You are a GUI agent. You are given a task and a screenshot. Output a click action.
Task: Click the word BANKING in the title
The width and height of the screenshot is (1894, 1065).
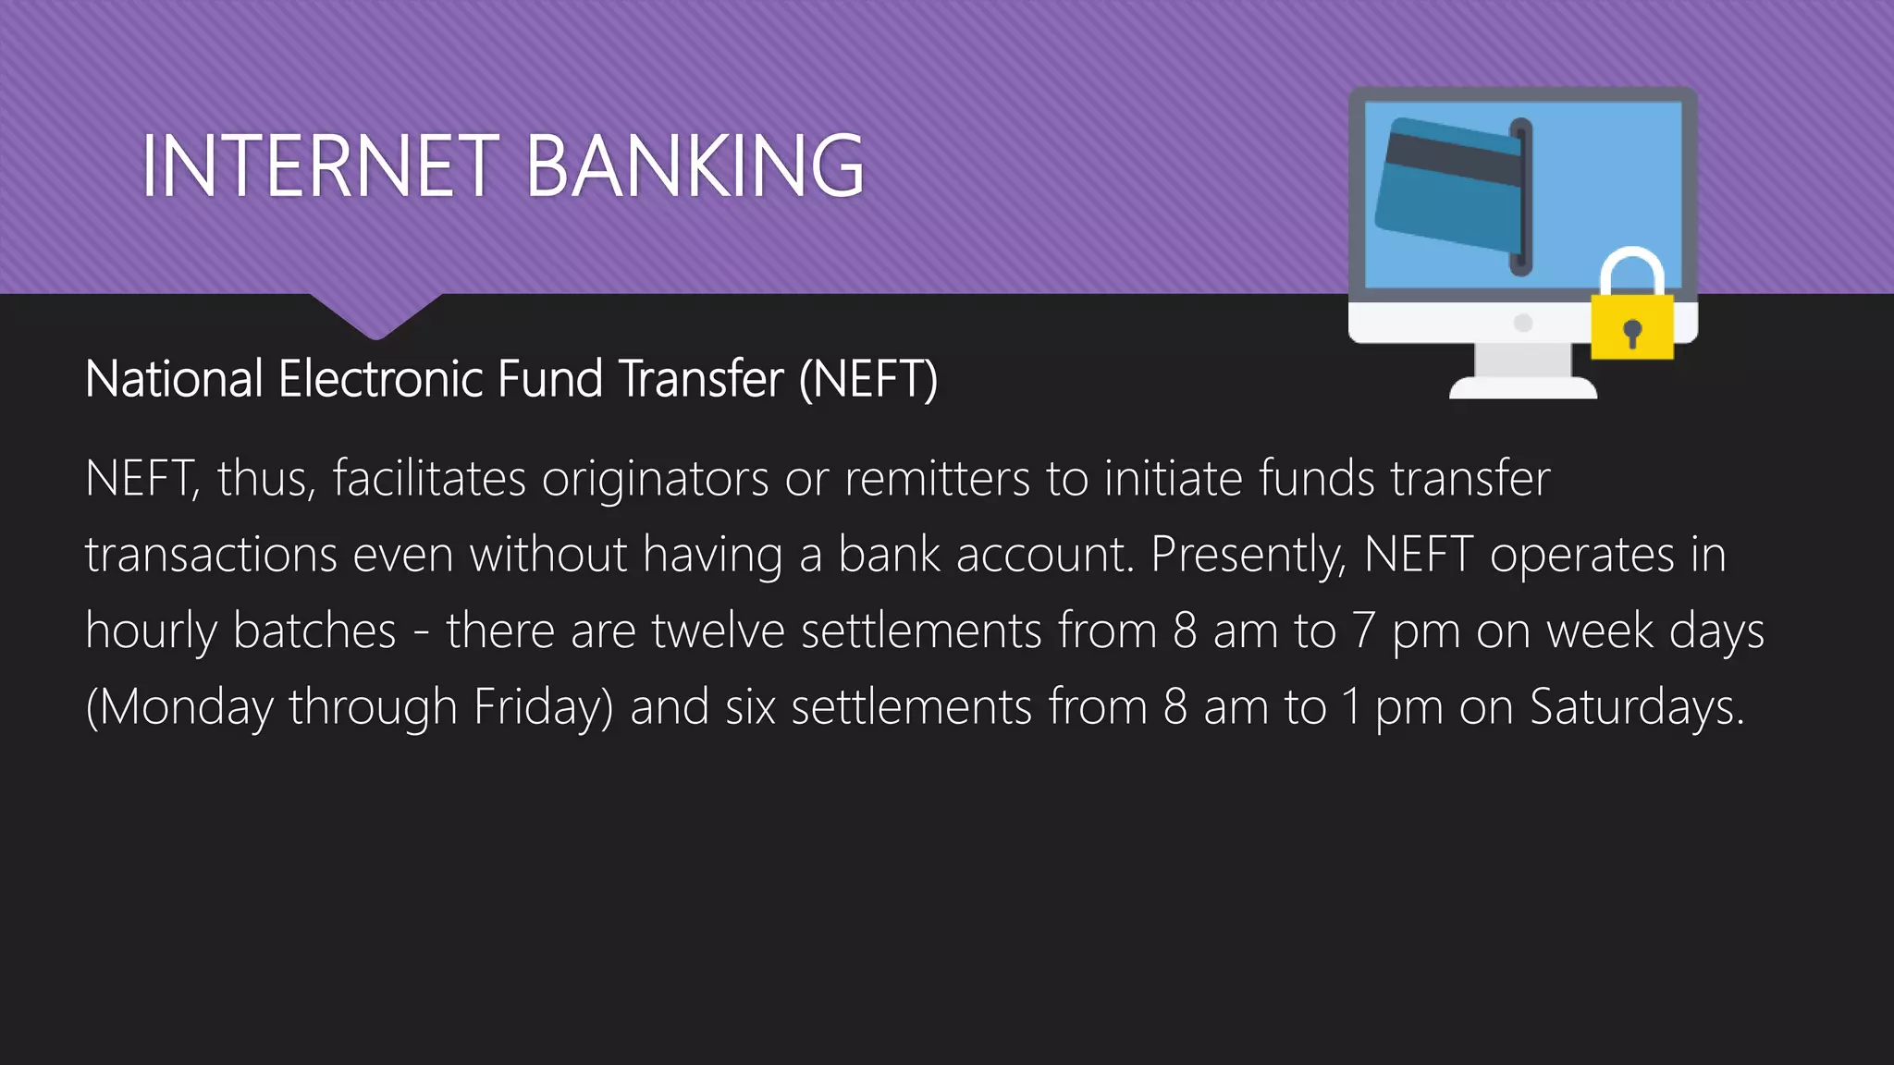pos(695,166)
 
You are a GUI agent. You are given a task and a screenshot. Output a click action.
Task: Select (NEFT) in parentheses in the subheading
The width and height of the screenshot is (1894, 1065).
pos(868,379)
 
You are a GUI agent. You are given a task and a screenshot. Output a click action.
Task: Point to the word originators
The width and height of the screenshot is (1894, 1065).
pos(655,479)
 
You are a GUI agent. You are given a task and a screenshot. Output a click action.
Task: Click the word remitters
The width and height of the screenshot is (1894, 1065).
pos(936,479)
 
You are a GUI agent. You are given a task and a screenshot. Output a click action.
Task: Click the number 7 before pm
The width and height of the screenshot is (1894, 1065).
pos(1363,631)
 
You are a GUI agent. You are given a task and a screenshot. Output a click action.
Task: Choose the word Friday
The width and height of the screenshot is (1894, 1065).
pos(543,707)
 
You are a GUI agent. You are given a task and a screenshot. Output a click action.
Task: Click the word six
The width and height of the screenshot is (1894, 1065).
pos(750,707)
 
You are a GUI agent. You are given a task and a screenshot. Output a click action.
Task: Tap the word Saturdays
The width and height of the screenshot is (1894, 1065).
pos(1636,707)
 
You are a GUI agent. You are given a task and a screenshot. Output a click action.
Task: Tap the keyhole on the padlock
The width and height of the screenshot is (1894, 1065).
pos(1632,331)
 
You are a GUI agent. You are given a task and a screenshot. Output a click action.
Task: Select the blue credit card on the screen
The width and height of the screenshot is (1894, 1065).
pos(1448,185)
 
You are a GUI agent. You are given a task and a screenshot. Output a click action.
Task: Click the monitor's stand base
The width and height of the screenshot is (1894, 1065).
pos(1522,387)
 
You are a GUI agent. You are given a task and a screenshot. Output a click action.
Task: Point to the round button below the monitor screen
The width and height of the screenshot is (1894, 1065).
pos(1523,323)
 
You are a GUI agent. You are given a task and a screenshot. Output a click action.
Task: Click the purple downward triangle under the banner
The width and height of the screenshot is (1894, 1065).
pos(375,314)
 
